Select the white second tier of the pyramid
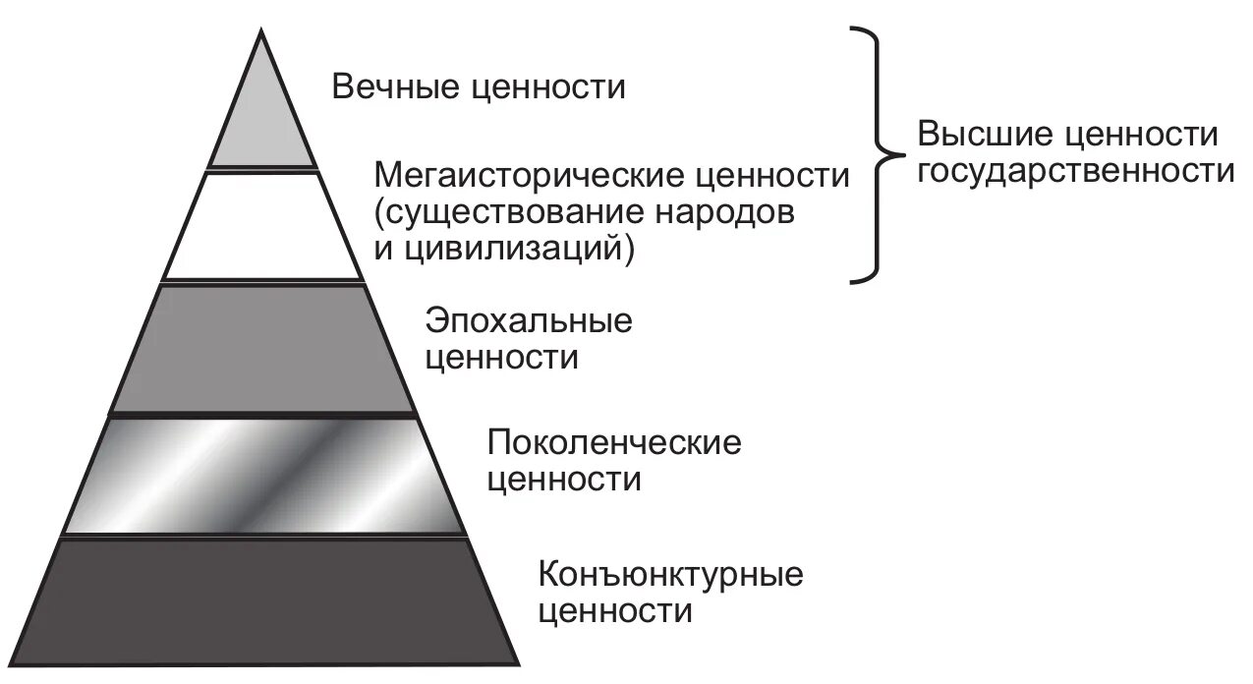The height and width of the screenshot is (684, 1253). [x=262, y=226]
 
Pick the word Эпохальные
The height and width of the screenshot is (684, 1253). [x=529, y=321]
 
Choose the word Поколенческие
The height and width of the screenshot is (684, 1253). [x=614, y=443]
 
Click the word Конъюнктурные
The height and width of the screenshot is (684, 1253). [x=671, y=573]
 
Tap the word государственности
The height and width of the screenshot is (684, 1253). [x=1074, y=170]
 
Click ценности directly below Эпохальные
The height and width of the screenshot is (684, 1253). [x=501, y=357]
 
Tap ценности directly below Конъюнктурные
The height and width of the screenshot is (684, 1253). [x=616, y=610]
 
